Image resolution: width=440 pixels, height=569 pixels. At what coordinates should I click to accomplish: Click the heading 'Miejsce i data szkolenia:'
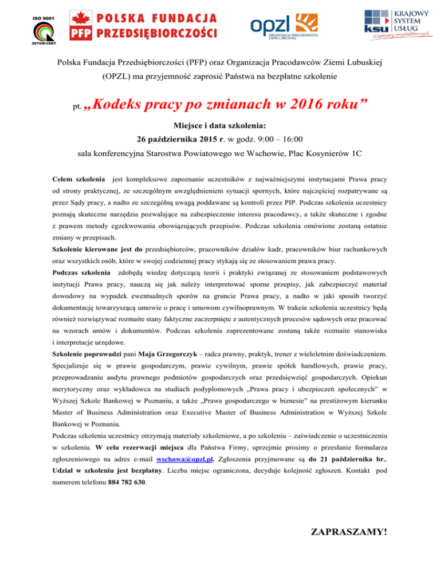pyautogui.click(x=220, y=125)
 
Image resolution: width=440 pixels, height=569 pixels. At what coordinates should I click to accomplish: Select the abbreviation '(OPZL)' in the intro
pyautogui.click(x=119, y=76)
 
